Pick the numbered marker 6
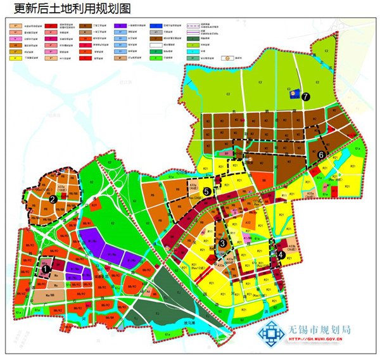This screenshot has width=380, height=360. (x=322, y=154)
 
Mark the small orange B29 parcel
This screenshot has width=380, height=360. (x=94, y=205)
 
